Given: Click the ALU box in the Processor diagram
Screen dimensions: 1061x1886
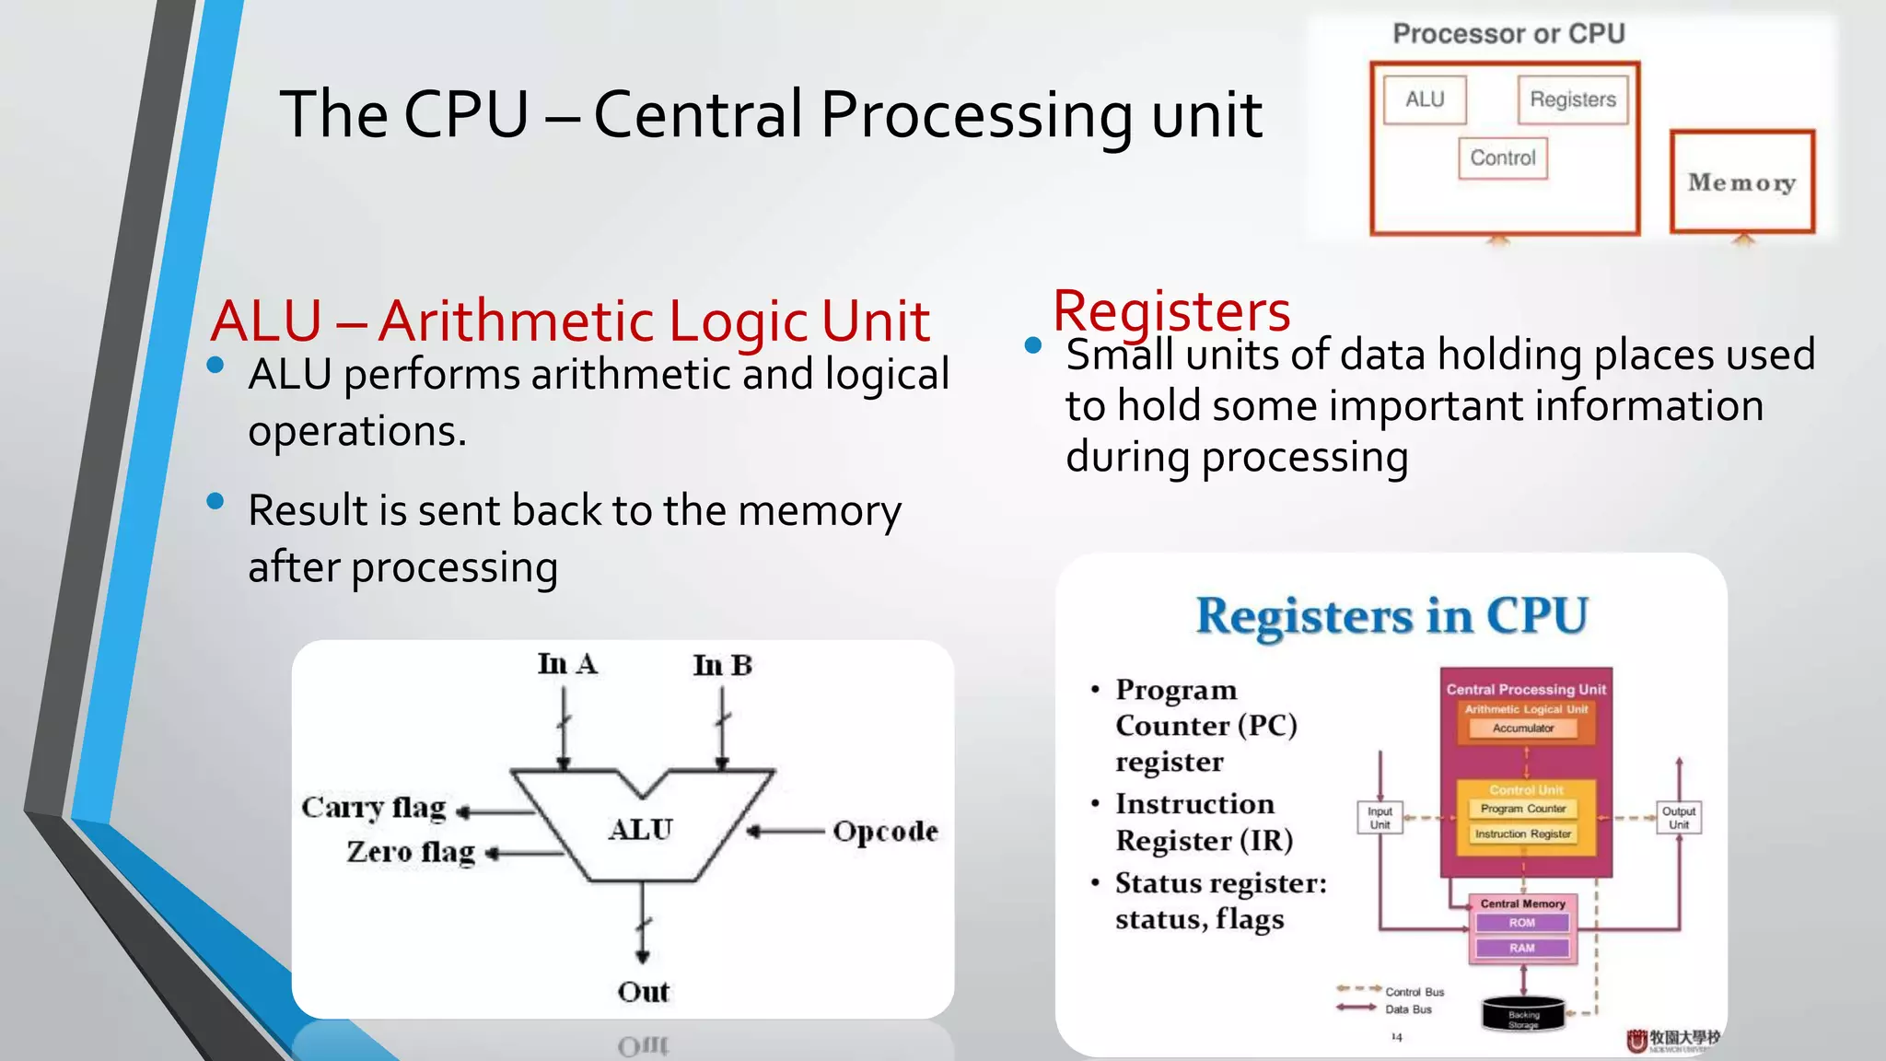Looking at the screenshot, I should pos(1425,99).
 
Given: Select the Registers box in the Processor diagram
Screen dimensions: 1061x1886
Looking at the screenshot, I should pos(1573,99).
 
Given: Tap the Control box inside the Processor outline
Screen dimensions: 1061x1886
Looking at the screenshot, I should pos(1503,158).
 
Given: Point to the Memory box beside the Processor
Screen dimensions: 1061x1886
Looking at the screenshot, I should pos(1741,182).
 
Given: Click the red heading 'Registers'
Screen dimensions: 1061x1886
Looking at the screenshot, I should pos(1171,310).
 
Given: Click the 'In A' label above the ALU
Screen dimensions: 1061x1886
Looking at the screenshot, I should pos(567,664).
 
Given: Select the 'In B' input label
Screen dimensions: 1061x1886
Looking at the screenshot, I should pos(723,665).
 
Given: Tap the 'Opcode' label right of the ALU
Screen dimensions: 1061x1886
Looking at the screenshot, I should pos(885,832).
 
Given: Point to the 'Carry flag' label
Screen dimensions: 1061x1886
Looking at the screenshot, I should pos(374,808).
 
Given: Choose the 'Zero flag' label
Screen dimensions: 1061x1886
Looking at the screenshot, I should pos(411,852).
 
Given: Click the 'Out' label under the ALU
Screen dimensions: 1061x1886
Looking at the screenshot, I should pos(643,992).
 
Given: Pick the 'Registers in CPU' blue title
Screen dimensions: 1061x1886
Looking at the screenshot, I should pos(1391,615).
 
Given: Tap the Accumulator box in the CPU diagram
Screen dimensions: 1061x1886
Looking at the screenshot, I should pos(1523,729).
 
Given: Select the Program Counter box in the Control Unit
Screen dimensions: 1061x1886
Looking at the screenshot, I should pos(1523,809).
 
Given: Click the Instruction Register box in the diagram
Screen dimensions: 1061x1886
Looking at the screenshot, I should pos(1523,834).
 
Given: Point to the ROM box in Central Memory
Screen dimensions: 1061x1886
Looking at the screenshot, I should pos(1522,923).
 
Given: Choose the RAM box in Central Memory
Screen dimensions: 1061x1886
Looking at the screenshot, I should pos(1522,948).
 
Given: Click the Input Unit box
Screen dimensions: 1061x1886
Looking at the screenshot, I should pos(1380,818).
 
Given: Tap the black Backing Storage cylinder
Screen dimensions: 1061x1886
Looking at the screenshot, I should pos(1523,1014).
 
